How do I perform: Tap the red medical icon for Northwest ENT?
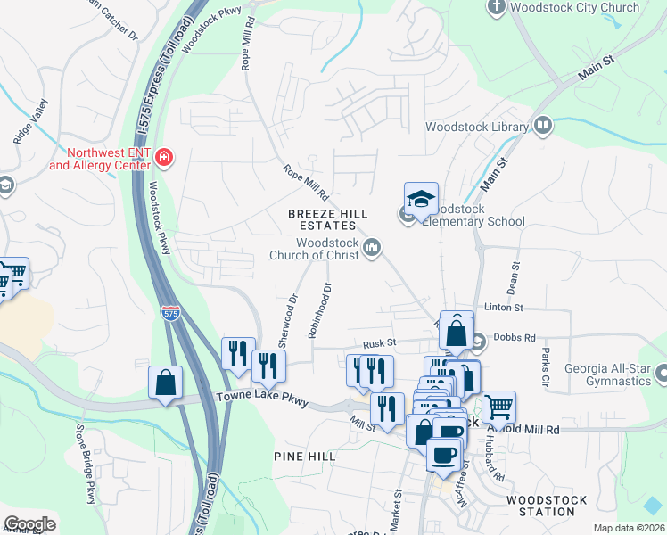[164, 159]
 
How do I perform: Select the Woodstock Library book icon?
[542, 127]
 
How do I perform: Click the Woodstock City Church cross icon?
[498, 8]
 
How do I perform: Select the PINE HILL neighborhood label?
[305, 457]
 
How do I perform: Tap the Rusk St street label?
[379, 344]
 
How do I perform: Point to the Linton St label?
[503, 308]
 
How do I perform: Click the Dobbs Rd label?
[516, 339]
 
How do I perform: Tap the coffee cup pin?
[443, 455]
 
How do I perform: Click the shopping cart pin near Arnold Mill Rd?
[498, 407]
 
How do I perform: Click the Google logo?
[30, 524]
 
